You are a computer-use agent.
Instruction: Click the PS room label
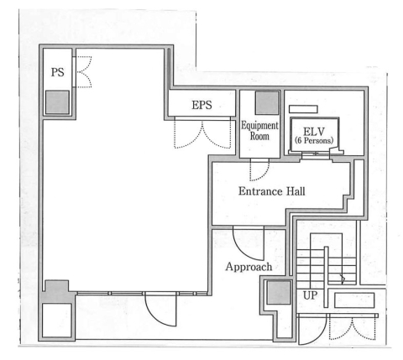58,72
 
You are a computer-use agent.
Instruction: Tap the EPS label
201,105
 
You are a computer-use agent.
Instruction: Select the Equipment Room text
259,131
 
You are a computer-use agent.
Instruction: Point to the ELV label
314,132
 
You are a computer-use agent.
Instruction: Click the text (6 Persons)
314,140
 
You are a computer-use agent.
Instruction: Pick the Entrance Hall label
272,191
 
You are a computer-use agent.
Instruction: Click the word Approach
249,267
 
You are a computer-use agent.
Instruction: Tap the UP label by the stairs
310,295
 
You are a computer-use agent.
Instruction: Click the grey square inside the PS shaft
57,102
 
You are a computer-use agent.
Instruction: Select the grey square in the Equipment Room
268,102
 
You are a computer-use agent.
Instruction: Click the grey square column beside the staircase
279,292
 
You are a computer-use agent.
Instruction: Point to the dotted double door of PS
83,72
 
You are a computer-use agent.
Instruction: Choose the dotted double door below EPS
202,133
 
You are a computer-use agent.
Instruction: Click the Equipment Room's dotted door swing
259,170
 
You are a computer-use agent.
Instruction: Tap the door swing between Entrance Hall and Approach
249,243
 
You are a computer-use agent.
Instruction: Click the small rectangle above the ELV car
303,109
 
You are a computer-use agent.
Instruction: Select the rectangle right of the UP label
354,300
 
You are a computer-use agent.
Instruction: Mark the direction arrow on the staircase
343,279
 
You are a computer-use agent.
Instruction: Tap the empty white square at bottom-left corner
57,321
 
